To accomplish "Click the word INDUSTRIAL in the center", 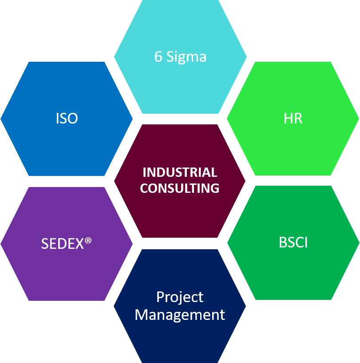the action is click(180, 172).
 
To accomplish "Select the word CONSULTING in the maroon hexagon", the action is click(180, 188).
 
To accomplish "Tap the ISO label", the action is click(67, 118).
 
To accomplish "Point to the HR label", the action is click(293, 118).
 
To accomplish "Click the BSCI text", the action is click(293, 243).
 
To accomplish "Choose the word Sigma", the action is click(186, 57).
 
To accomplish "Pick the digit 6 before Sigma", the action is click(158, 56).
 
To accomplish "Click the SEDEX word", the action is click(63, 243).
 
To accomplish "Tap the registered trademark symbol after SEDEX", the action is click(88, 241).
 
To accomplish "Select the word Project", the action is click(180, 297).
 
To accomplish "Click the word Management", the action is click(180, 315).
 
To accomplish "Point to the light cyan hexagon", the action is click(180, 57).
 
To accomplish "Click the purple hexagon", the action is click(67, 244).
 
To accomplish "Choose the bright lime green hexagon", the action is click(293, 119).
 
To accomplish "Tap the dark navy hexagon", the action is click(180, 306).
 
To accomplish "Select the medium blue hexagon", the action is click(67, 119).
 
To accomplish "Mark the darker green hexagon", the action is click(293, 243).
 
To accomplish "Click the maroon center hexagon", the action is click(180, 181).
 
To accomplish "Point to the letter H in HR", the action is click(288, 118).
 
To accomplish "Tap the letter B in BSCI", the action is click(282, 243).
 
